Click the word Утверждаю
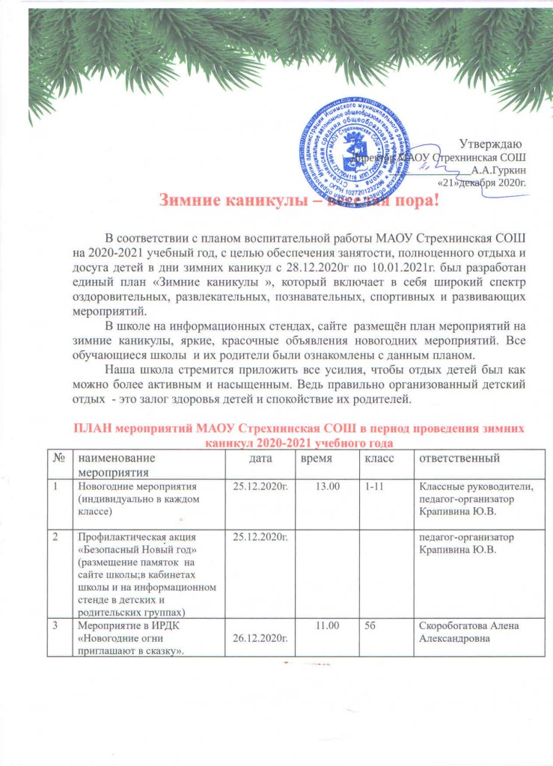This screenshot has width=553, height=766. pyautogui.click(x=490, y=143)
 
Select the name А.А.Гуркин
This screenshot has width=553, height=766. pyautogui.click(x=499, y=169)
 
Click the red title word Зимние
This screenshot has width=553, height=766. pyautogui.click(x=189, y=200)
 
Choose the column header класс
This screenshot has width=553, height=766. pyautogui.click(x=379, y=456)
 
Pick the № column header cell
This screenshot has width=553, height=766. pyautogui.click(x=59, y=456)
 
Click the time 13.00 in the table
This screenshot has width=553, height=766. pyautogui.click(x=328, y=486)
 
